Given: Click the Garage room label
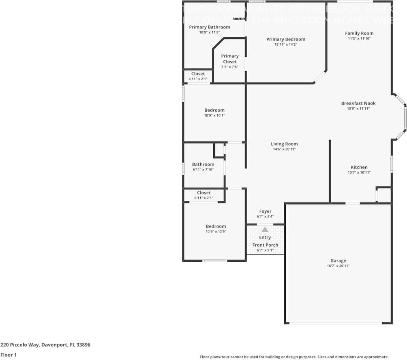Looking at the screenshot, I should (x=338, y=261).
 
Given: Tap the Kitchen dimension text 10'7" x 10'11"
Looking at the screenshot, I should (x=359, y=173).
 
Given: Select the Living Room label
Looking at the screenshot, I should (x=284, y=144).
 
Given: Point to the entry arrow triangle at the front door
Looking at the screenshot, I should (x=265, y=230).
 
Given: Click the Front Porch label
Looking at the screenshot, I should (x=265, y=245).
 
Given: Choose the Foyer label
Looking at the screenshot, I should (x=265, y=211).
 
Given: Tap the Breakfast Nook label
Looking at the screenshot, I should (x=358, y=103).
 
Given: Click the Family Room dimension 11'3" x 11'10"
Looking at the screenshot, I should (x=359, y=38).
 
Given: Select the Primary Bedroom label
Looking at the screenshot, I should (x=285, y=39).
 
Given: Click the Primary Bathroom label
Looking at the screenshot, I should (x=210, y=27).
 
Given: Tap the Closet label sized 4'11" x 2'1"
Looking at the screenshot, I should (x=198, y=74).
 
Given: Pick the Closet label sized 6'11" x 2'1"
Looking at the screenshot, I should (x=203, y=193).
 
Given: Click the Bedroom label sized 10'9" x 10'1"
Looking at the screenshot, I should (x=214, y=110).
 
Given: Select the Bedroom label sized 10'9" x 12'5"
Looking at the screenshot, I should (x=216, y=226).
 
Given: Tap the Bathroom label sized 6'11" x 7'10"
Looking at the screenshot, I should (x=203, y=164).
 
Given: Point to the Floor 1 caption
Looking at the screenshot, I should (x=8, y=355).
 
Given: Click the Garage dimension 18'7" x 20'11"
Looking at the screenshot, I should (x=338, y=266).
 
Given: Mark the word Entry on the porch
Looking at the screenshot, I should (x=265, y=237).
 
